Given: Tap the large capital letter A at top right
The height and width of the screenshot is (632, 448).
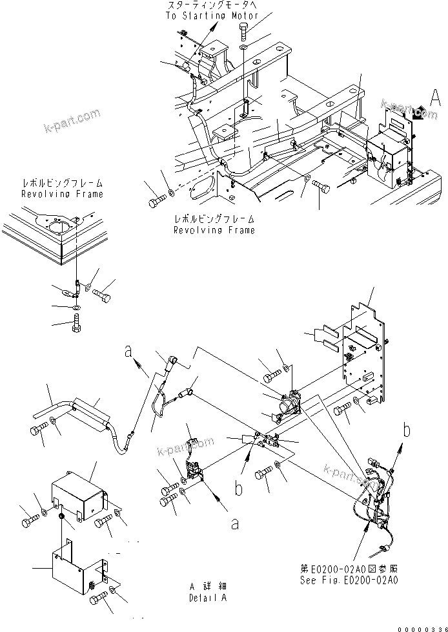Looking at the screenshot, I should click(x=436, y=98).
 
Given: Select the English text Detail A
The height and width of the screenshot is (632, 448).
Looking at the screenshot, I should click(x=208, y=598).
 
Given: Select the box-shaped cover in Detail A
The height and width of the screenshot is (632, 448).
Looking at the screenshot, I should click(x=77, y=495).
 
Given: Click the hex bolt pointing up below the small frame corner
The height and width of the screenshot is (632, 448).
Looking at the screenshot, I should click(x=76, y=321).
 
